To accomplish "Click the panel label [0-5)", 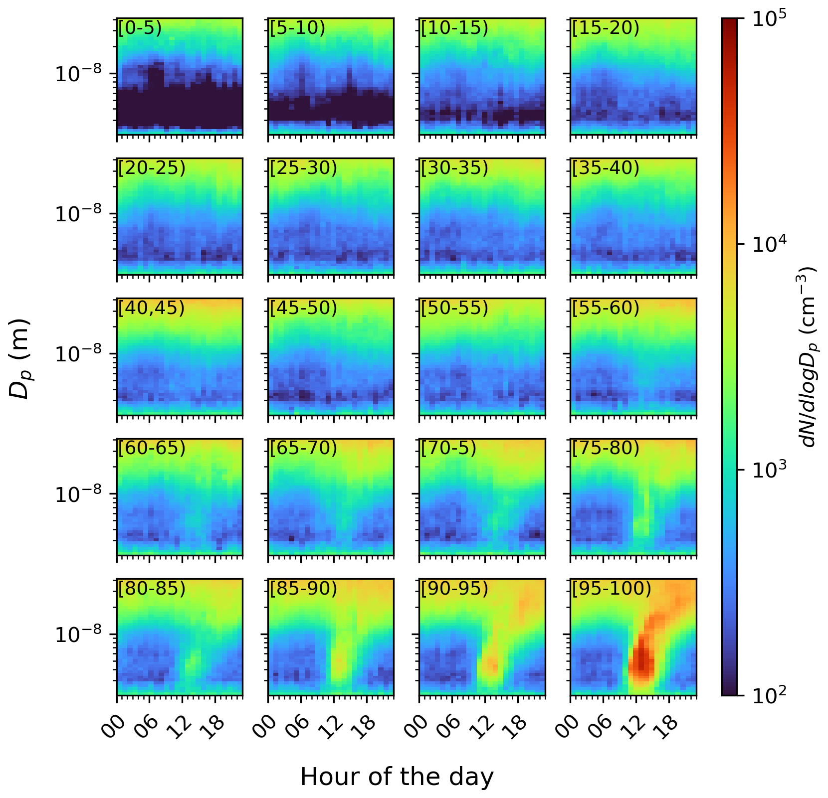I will (140, 28).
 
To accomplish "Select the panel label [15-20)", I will (606, 28).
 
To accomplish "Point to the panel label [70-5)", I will (448, 449).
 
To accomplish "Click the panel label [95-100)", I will (612, 589).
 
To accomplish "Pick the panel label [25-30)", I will (303, 168).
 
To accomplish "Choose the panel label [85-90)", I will (303, 589).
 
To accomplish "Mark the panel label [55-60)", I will (606, 309).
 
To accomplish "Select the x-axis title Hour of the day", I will (397, 777).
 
